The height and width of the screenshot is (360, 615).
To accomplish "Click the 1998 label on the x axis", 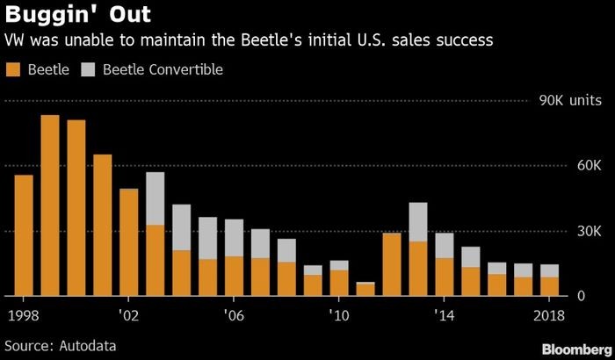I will [x=24, y=313].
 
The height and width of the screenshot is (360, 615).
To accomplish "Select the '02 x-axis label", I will [x=129, y=313].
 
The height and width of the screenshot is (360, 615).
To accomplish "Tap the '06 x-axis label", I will [x=234, y=313].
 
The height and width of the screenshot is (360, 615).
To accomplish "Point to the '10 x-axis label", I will [x=339, y=313].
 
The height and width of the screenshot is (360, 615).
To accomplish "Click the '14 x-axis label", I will [x=445, y=313].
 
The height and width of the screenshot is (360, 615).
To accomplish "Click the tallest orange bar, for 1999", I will [x=50, y=206].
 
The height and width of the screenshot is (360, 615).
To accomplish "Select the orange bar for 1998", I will [x=24, y=235].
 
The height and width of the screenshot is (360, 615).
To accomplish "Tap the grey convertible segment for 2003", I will [x=156, y=198].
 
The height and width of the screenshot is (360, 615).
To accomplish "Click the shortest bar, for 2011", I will [x=365, y=289].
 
